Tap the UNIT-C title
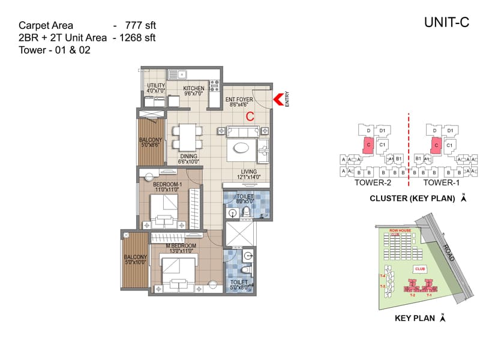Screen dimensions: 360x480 (446, 23)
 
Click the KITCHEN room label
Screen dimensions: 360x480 (194, 89)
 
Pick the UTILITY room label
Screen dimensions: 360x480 (156, 86)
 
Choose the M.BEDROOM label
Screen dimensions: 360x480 (181, 247)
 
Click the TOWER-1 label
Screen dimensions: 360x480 (439, 182)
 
